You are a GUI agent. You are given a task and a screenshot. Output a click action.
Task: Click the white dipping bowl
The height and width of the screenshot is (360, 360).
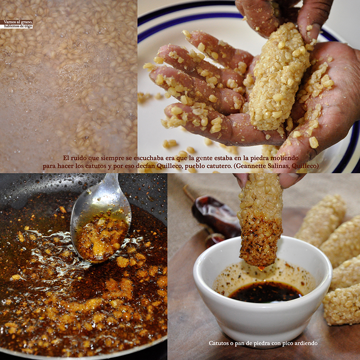pos(262,317)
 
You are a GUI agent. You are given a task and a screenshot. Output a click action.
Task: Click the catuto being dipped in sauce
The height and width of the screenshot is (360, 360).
pos(261,220)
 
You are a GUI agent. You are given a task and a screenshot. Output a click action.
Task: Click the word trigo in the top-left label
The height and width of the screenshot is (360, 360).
pos(28,26)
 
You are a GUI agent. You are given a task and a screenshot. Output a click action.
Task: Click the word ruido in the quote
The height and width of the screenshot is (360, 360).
pos(78,158)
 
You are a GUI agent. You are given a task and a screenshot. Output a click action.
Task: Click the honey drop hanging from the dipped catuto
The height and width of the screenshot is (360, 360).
pos(261,268)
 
